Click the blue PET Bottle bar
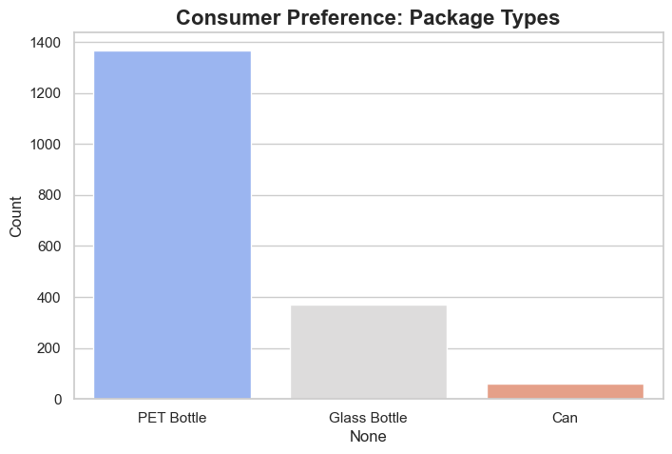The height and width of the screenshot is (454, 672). click(x=172, y=225)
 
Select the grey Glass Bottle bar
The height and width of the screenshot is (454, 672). click(x=368, y=352)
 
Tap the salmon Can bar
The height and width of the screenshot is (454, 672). click(x=564, y=391)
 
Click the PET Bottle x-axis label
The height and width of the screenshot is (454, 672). click(x=172, y=418)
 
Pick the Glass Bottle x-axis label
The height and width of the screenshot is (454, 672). click(x=368, y=418)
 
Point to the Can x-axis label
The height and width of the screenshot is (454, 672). click(x=564, y=418)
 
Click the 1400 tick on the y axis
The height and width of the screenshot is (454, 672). click(x=47, y=43)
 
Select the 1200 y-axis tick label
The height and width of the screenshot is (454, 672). click(x=47, y=94)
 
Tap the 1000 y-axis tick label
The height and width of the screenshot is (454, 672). click(x=47, y=145)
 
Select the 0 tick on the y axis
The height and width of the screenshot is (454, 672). click(x=58, y=400)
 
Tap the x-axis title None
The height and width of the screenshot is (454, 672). click(x=368, y=437)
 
